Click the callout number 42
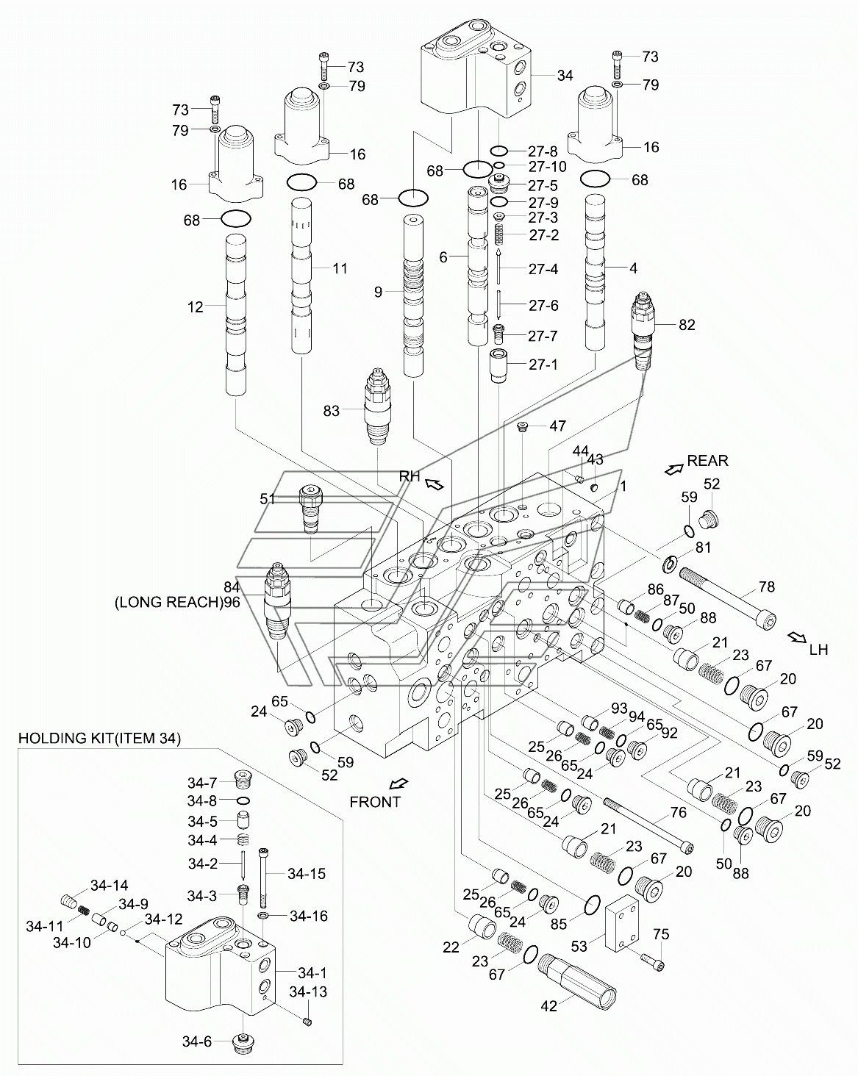coord(548,1005)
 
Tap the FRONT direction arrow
coord(399,783)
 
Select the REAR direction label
coord(707,461)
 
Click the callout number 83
coord(331,411)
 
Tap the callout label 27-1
coord(543,365)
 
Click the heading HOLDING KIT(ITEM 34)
coord(99,738)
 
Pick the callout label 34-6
coord(196,1041)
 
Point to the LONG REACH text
coord(168,602)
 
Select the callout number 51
coord(268,498)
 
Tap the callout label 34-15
coord(306,873)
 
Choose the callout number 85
coord(558,924)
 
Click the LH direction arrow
coord(796,637)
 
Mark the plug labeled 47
coord(523,426)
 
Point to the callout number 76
coord(679,812)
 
